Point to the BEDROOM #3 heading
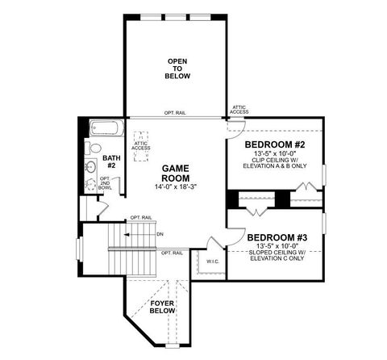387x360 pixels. coord(278,238)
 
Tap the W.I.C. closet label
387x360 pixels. coord(213,262)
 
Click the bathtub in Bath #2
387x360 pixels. coord(105,128)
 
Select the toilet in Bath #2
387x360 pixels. coord(94,148)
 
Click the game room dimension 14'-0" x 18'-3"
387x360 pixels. coord(175,187)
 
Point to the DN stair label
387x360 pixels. coord(160,234)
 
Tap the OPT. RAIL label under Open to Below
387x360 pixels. coord(175,113)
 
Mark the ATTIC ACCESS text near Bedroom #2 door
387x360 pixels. coord(239,109)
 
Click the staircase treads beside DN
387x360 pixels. coord(137,237)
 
